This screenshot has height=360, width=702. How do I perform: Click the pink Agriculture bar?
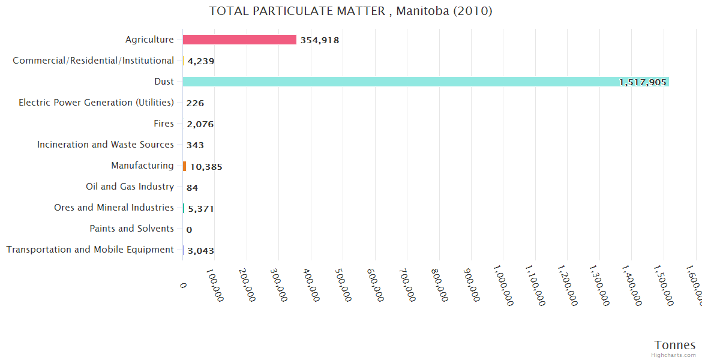pyautogui.click(x=239, y=40)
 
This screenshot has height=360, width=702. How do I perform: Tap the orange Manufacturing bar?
pyautogui.click(x=185, y=166)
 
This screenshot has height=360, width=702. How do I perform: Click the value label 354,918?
pyautogui.click(x=320, y=40)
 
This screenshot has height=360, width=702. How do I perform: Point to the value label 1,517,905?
pyautogui.click(x=643, y=82)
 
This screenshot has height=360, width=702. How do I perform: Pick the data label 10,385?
pyautogui.click(x=206, y=167)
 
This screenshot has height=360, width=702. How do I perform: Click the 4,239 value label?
pyautogui.click(x=200, y=61)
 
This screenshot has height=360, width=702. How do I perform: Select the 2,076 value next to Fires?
pyautogui.click(x=200, y=124)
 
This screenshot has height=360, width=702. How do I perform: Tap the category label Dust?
pyautogui.click(x=164, y=82)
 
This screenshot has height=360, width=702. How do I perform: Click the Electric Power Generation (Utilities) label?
pyautogui.click(x=96, y=103)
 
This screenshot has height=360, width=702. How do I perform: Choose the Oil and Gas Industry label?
pyautogui.click(x=130, y=187)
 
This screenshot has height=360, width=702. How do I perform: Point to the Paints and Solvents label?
pyautogui.click(x=131, y=229)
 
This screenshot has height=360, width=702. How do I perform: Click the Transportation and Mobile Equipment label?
pyautogui.click(x=90, y=250)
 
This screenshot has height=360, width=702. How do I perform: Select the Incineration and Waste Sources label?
pyautogui.click(x=106, y=145)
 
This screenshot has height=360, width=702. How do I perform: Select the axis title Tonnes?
pyautogui.click(x=674, y=345)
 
